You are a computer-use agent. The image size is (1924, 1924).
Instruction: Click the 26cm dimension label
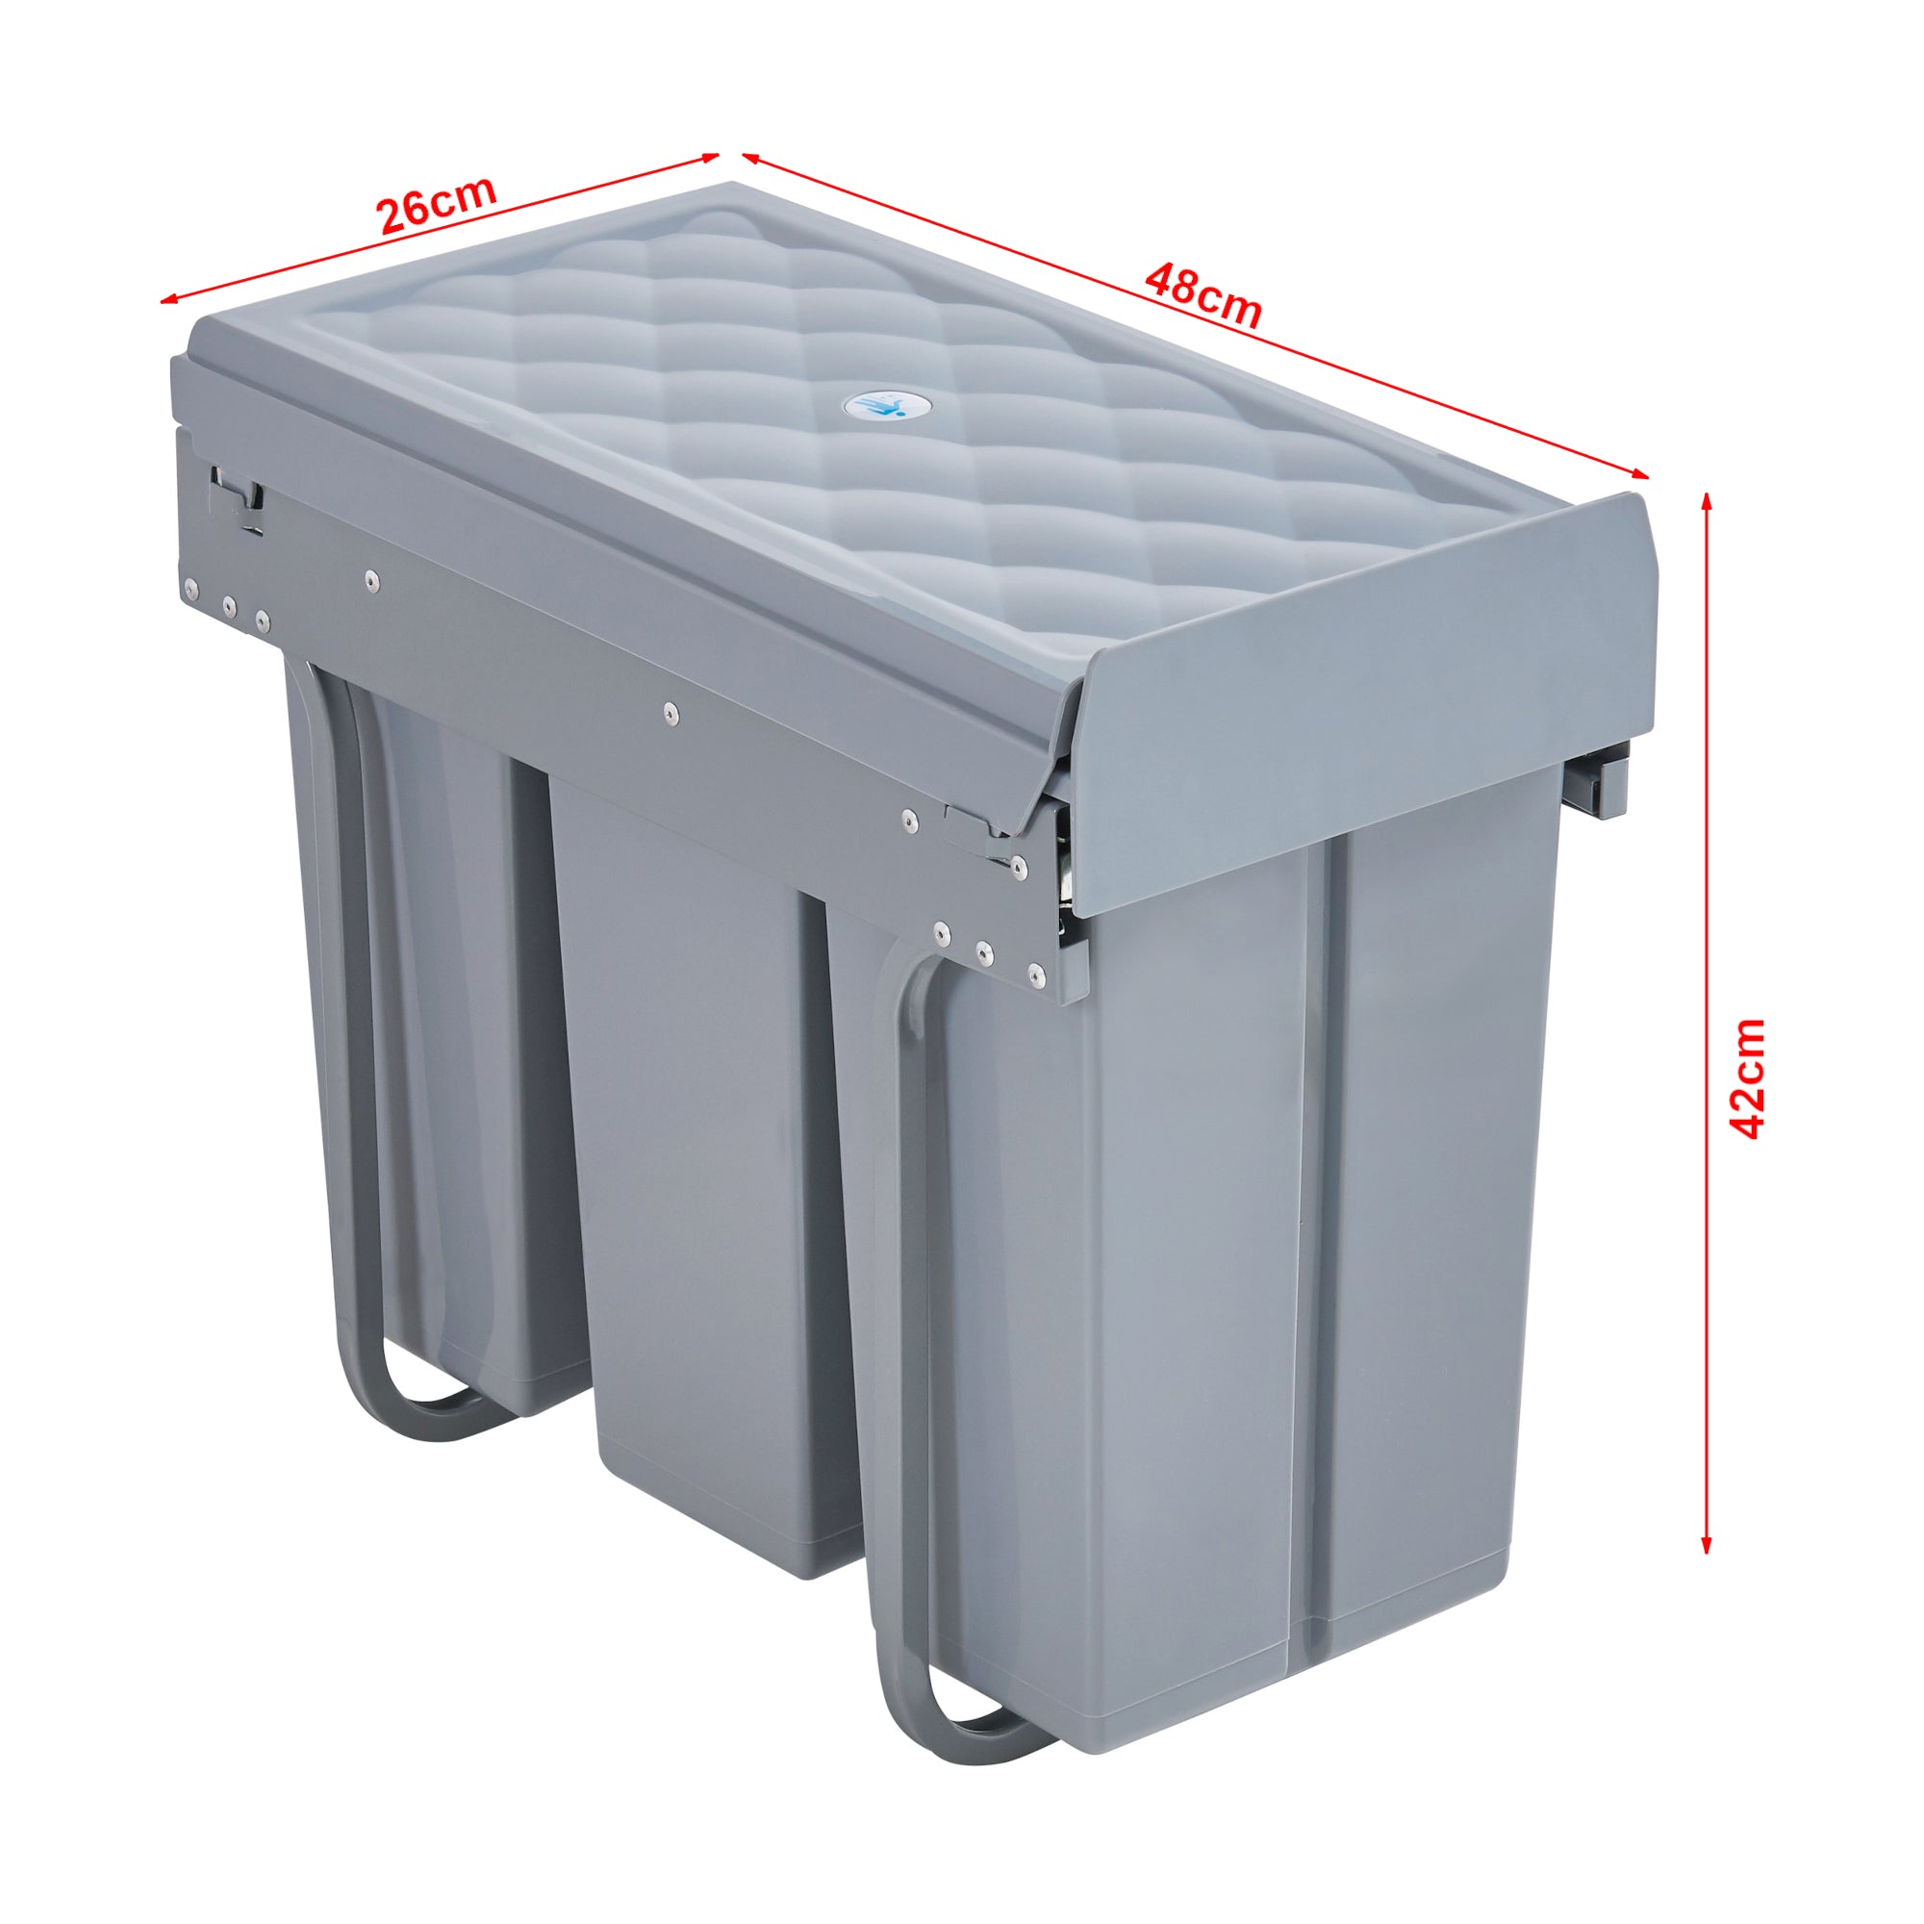pos(436,204)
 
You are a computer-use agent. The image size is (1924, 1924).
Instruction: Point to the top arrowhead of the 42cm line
pos(1706,501)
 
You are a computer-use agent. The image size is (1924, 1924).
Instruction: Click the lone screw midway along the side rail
pos(671,711)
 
